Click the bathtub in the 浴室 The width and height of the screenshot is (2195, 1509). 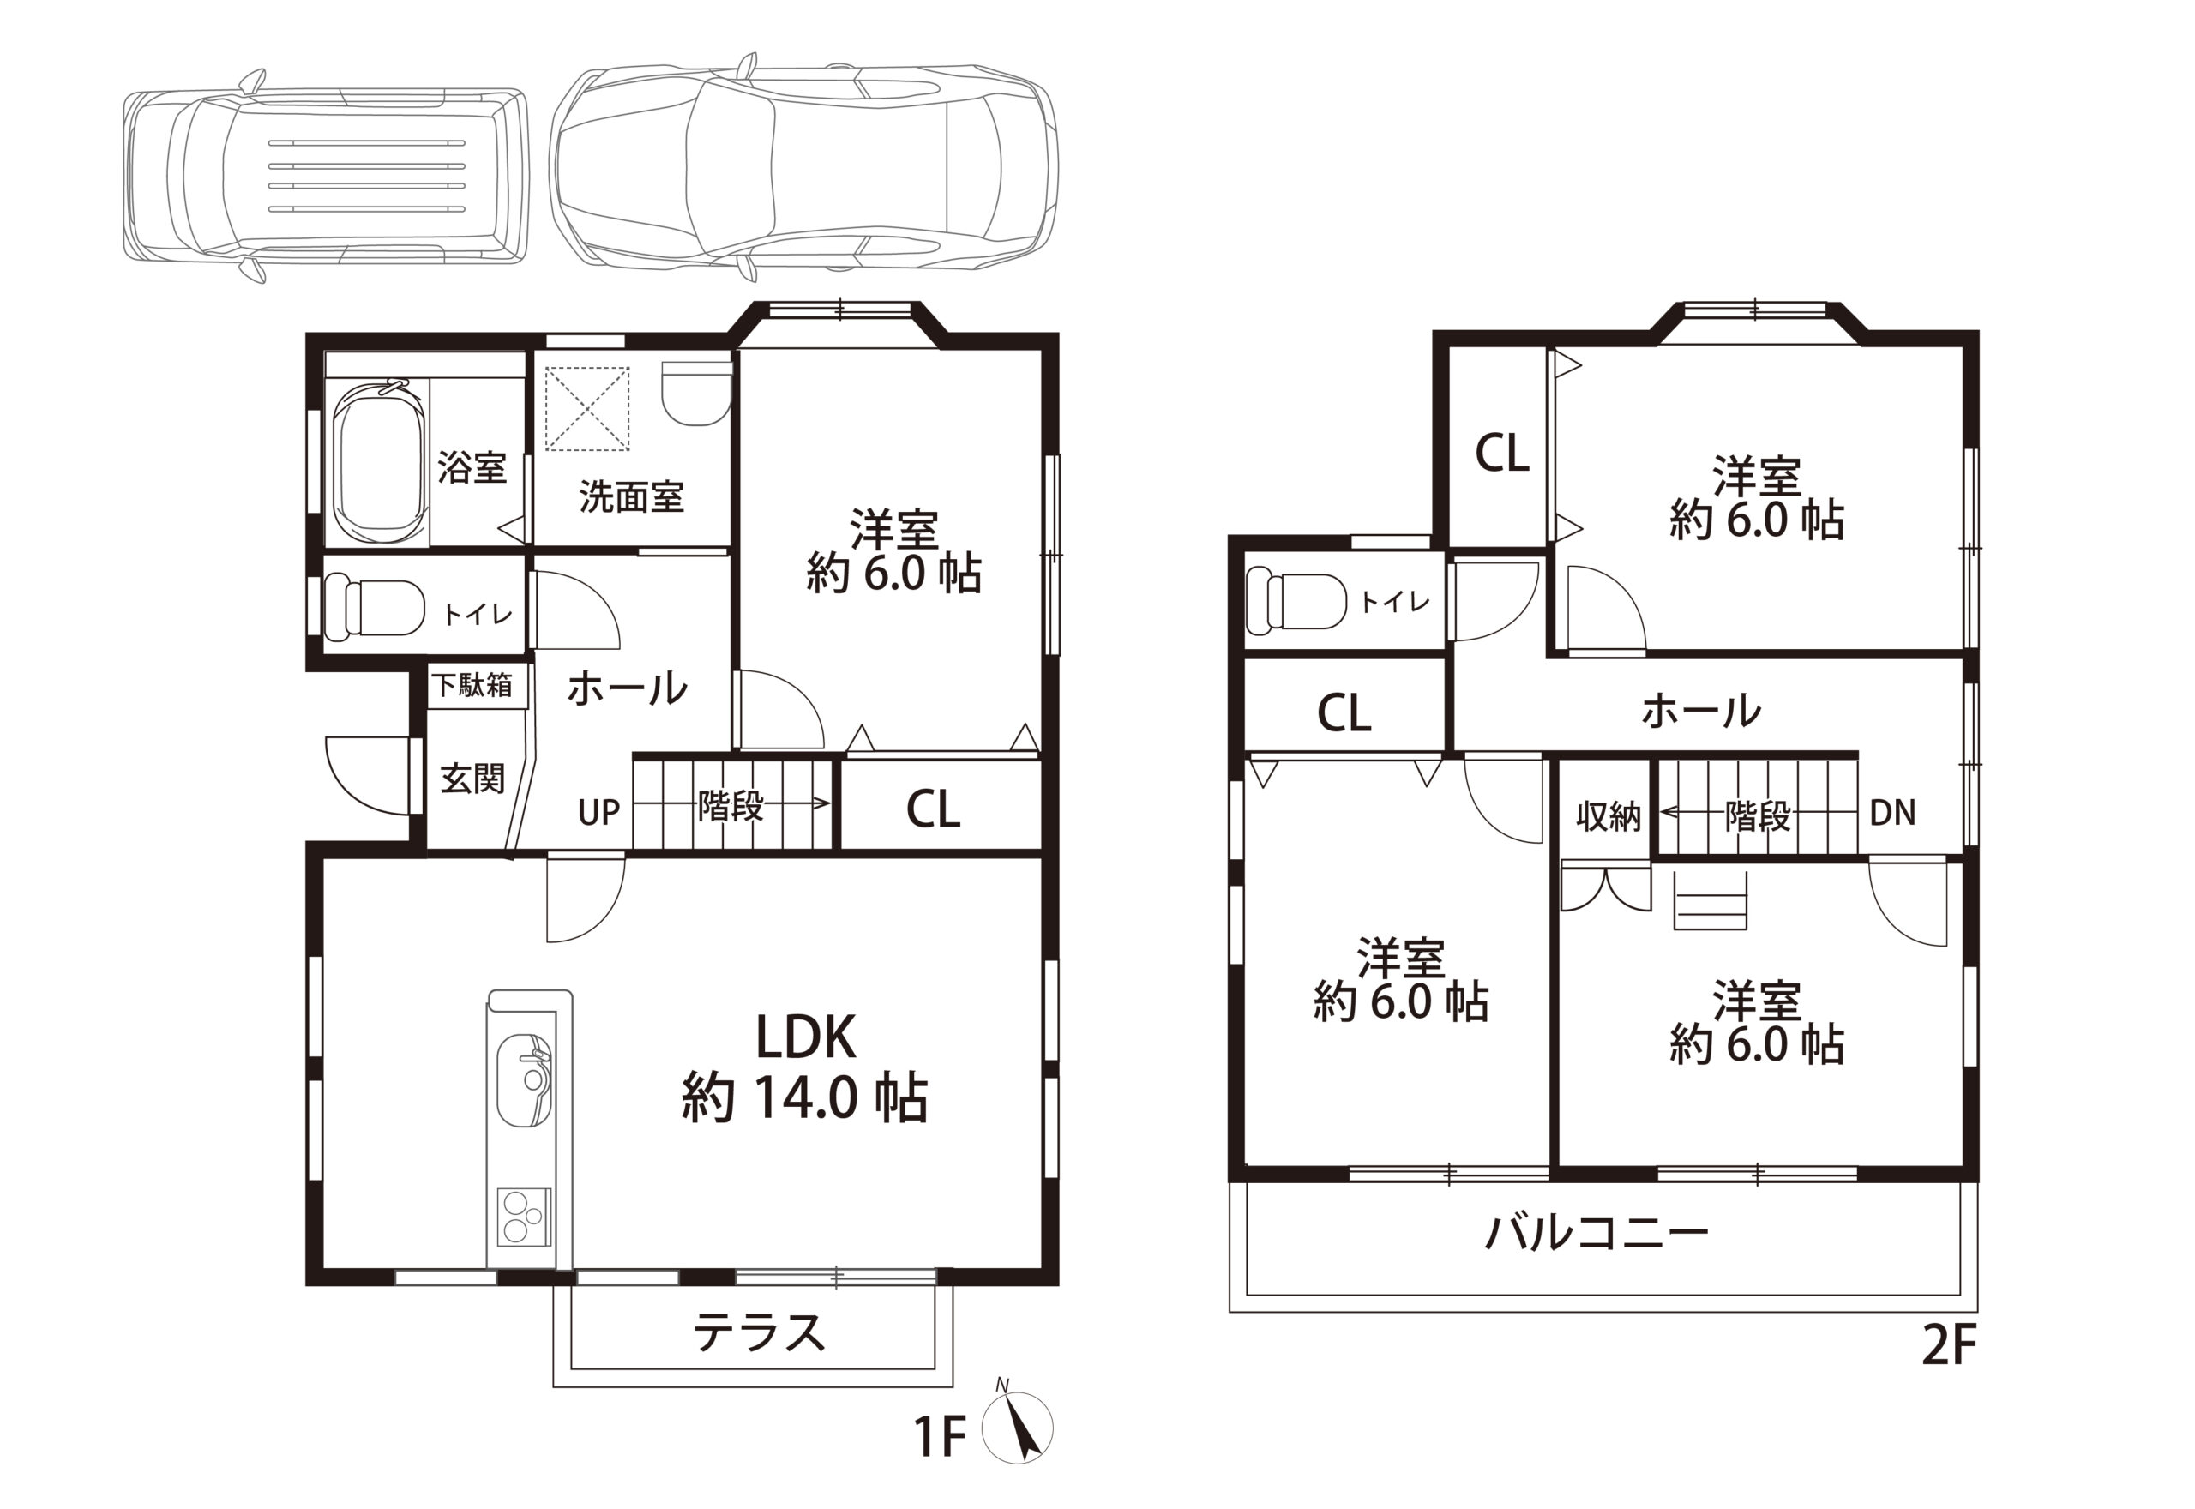(x=381, y=463)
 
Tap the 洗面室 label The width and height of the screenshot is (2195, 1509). (x=630, y=497)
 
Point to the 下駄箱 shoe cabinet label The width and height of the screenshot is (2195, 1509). (x=472, y=683)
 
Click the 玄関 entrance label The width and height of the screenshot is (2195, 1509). (x=472, y=779)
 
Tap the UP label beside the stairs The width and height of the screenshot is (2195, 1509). (x=598, y=811)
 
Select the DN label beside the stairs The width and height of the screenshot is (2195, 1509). (x=1892, y=812)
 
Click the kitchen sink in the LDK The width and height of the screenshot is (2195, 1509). (x=525, y=1079)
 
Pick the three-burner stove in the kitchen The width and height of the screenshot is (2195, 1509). (x=525, y=1217)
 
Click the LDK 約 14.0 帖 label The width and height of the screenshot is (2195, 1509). (x=804, y=1067)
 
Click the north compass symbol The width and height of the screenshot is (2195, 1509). (x=1017, y=1428)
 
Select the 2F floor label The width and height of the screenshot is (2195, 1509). (x=1949, y=1346)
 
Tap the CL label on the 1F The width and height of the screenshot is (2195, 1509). (x=933, y=809)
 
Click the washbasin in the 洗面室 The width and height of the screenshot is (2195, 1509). (x=698, y=393)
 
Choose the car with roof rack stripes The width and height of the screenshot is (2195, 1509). (x=325, y=176)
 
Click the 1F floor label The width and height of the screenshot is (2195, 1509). (x=941, y=1438)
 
